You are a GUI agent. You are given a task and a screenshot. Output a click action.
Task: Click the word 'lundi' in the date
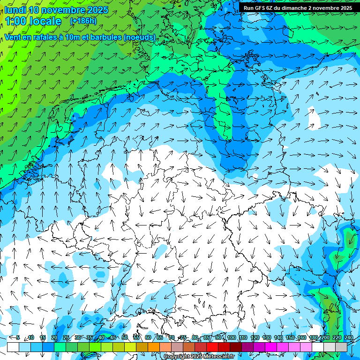coord(15,10)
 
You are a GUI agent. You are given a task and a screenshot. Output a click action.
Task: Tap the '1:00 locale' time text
coord(33,21)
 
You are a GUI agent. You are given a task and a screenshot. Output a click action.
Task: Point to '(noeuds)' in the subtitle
coord(140,37)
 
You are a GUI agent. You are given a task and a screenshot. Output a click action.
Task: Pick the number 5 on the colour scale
coord(18,337)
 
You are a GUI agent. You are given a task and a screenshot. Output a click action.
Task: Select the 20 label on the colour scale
coord(54,337)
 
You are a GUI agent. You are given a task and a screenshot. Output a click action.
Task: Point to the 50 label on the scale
coord(125,337)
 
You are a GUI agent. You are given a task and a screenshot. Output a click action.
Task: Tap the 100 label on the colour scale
coord(231,337)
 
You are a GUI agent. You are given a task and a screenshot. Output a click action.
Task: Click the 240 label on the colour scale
coord(349,337)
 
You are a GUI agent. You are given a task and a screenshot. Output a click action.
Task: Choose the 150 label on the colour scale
coord(290,337)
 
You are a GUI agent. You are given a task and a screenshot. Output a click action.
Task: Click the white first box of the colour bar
coord(13,347)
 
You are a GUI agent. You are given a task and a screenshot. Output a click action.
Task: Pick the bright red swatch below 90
coord(212,347)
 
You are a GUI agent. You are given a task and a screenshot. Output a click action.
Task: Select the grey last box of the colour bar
coord(341,347)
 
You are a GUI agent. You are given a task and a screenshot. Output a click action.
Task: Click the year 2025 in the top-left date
coord(97,10)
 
